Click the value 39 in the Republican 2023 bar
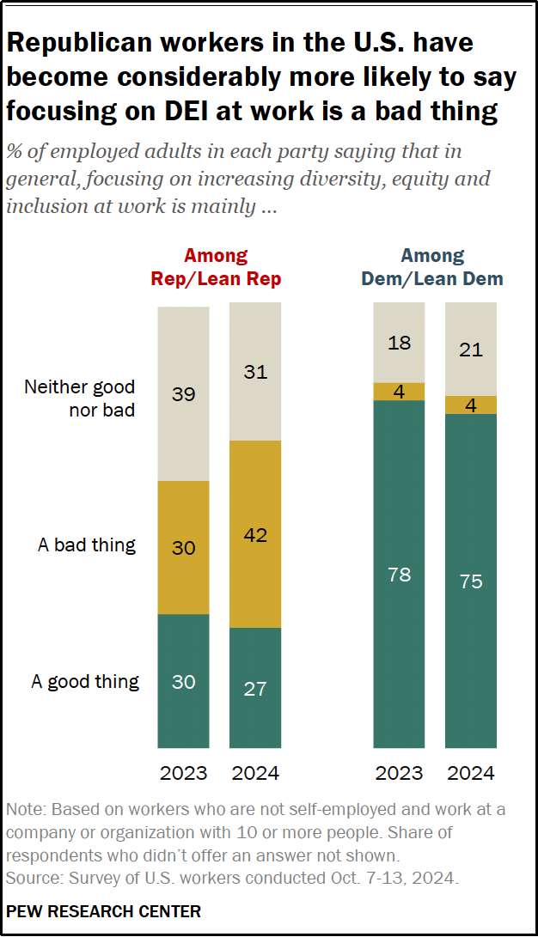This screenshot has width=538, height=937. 183,395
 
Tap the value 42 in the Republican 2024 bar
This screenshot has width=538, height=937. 255,535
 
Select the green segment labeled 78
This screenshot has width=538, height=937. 399,575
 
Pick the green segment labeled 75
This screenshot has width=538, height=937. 471,581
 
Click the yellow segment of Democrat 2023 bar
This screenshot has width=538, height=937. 399,392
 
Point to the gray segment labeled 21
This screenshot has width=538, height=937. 471,350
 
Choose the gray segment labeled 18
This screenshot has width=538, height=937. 399,343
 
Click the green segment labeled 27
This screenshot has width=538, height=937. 255,688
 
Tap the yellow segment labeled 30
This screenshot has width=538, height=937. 183,547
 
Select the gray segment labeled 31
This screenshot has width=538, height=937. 255,372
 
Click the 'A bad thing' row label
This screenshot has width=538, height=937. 87,545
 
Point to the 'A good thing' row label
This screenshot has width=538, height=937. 85,682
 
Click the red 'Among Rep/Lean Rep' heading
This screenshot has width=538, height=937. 216,267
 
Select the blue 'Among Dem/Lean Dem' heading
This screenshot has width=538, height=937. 433,267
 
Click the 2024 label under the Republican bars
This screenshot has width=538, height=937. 255,773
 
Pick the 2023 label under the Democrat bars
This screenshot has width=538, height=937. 399,773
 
